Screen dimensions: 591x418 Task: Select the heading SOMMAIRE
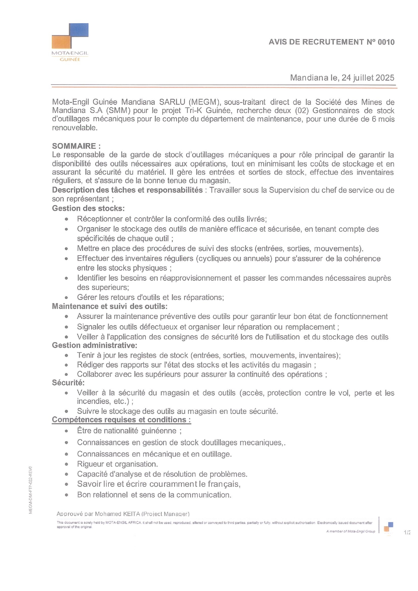[x=76, y=146]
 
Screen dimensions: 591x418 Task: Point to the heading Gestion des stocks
[x=88, y=208]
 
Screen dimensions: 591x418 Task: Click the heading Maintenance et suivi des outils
[x=109, y=306]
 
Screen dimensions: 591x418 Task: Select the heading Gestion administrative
[x=94, y=345]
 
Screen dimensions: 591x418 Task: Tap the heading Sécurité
[x=68, y=383]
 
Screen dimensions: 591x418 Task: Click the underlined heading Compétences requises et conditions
[x=121, y=420]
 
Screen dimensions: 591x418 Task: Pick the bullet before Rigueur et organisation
[x=67, y=464]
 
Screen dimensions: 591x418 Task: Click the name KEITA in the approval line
[x=132, y=514]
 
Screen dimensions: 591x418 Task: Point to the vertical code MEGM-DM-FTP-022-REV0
[x=30, y=490]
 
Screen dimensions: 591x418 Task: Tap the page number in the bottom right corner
[x=407, y=532]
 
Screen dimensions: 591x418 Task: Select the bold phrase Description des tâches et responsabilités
[x=127, y=190]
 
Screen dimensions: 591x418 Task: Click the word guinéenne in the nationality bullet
[x=159, y=431]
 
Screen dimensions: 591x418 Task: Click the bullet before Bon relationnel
[x=67, y=495]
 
